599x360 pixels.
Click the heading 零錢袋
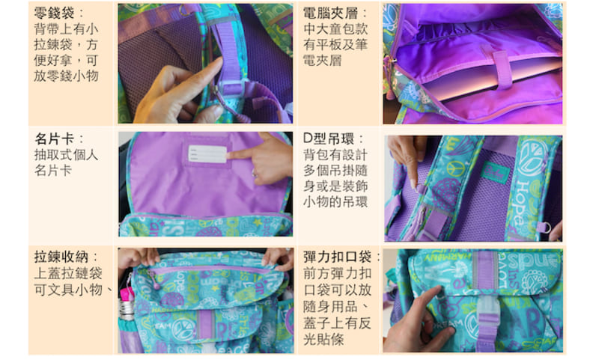click(x=54, y=13)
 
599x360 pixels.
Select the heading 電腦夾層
click(x=331, y=13)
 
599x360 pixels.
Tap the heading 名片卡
click(x=54, y=139)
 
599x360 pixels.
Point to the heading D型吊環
click(x=329, y=138)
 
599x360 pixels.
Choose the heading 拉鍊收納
click(x=61, y=257)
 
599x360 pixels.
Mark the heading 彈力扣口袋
click(x=338, y=257)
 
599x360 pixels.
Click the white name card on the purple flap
click(x=207, y=154)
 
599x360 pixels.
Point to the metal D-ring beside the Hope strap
click(x=547, y=228)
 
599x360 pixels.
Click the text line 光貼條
click(x=323, y=339)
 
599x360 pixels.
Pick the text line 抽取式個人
click(x=66, y=155)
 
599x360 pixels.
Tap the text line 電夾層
click(x=322, y=61)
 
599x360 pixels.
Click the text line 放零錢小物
click(x=66, y=76)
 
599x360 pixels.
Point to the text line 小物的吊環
click(x=335, y=201)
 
